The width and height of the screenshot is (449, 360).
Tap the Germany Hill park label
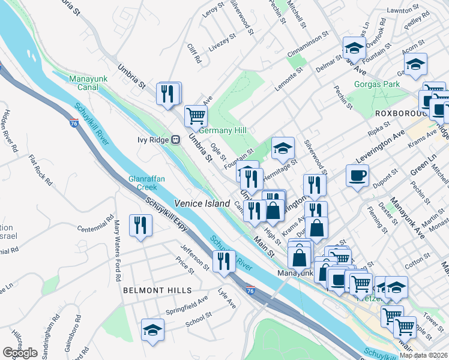click(223, 130)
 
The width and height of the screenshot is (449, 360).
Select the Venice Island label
click(202, 204)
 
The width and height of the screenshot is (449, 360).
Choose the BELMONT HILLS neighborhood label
click(157, 290)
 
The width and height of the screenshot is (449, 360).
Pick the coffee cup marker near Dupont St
click(357, 175)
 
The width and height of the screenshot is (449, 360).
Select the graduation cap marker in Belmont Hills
click(152, 329)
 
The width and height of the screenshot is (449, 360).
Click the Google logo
click(20, 353)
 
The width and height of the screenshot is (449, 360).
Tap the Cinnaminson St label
click(307, 40)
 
